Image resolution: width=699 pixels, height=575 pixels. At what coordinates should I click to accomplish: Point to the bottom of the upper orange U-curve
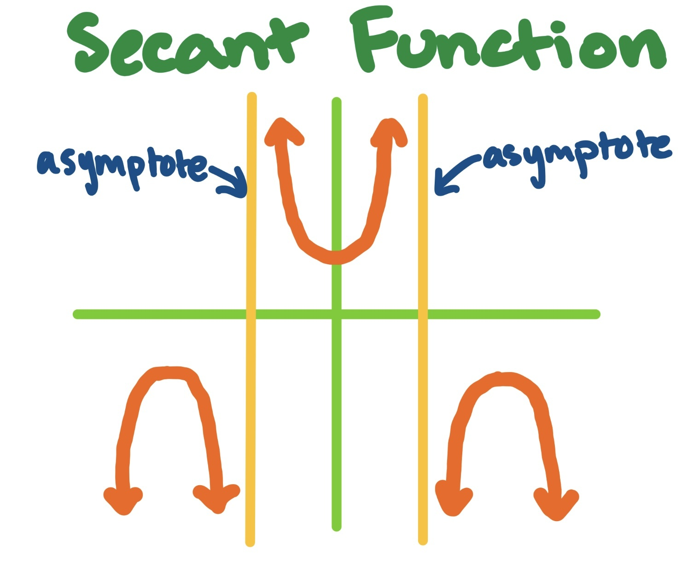click(x=336, y=257)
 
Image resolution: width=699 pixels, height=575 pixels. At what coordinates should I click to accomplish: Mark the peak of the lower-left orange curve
click(x=168, y=372)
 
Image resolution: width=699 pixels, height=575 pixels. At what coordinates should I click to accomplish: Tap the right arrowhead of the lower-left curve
click(x=216, y=499)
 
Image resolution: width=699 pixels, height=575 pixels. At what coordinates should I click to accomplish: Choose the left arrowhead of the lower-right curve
click(x=453, y=502)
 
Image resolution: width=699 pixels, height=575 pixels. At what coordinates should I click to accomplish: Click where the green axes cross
click(x=337, y=314)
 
